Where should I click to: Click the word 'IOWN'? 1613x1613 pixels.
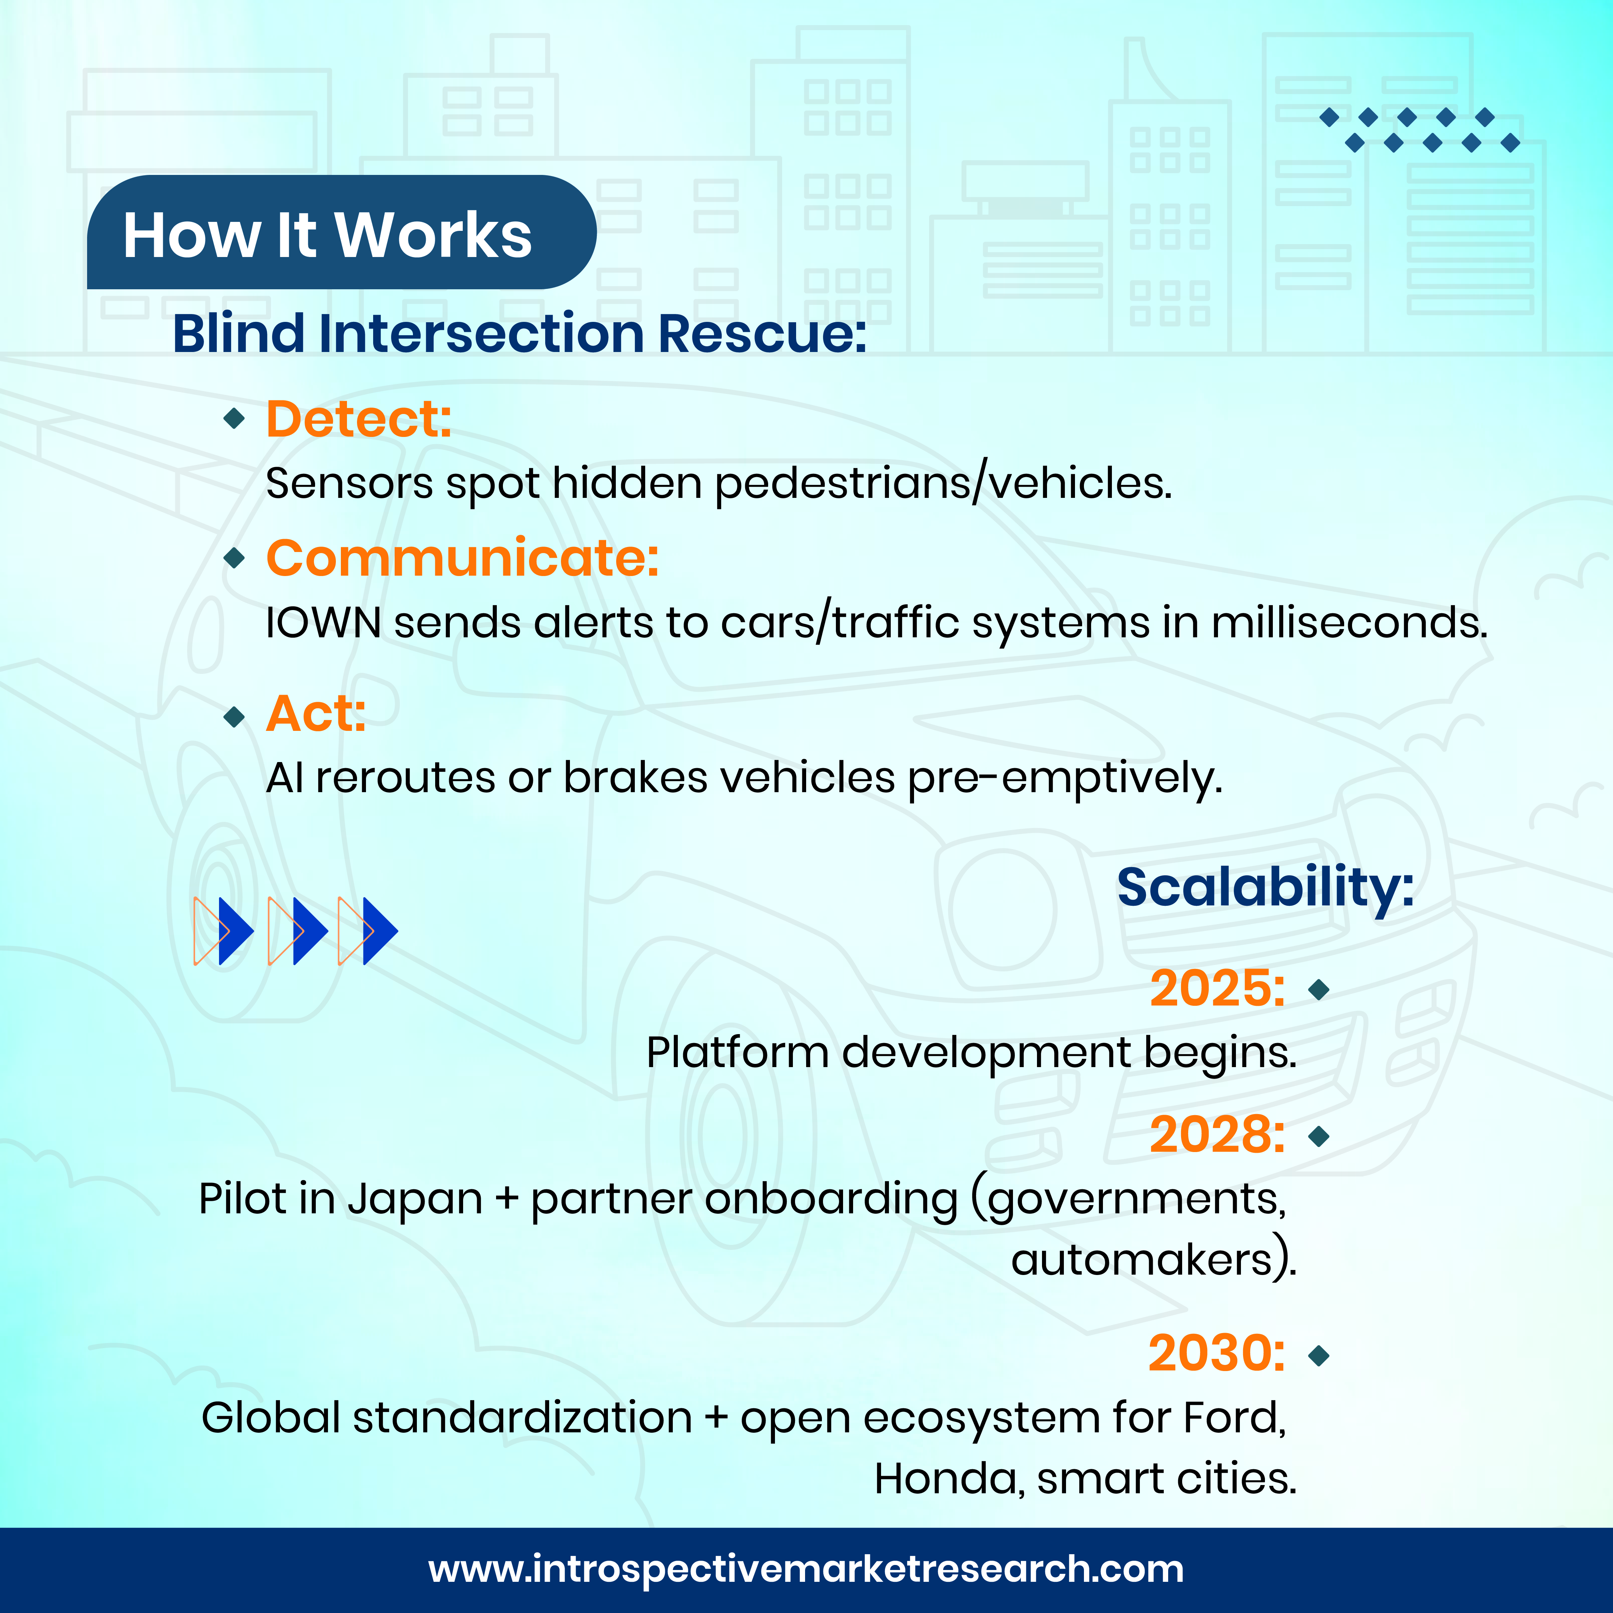click(x=323, y=623)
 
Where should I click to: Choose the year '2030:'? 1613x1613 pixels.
click(x=1217, y=1353)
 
